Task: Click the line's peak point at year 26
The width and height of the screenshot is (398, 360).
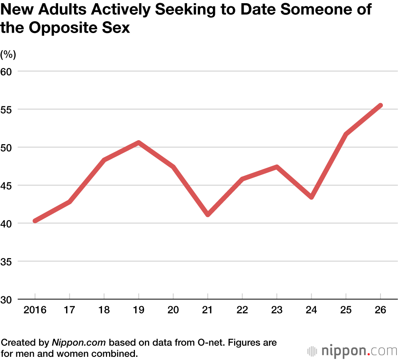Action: click(380, 105)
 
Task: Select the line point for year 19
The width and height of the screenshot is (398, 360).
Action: click(139, 142)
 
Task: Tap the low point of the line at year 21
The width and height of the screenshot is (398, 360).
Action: click(208, 215)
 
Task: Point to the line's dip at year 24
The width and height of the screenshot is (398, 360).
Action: click(311, 197)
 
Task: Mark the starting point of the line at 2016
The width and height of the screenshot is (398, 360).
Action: click(35, 221)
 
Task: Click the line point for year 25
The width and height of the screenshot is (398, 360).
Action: click(346, 134)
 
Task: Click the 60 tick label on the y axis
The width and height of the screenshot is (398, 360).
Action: click(8, 71)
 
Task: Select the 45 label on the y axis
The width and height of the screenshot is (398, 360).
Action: click(8, 185)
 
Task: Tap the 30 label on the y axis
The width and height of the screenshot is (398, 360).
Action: click(8, 299)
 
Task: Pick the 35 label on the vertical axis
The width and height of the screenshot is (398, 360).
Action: click(8, 262)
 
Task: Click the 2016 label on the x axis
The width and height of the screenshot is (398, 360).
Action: click(35, 310)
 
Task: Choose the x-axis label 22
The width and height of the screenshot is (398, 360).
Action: click(242, 310)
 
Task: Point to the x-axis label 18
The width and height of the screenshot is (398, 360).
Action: click(104, 310)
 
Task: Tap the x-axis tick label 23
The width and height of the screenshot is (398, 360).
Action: click(277, 310)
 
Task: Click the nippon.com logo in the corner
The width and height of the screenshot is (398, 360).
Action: click(352, 351)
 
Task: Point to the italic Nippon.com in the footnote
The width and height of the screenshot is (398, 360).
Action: click(79, 343)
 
